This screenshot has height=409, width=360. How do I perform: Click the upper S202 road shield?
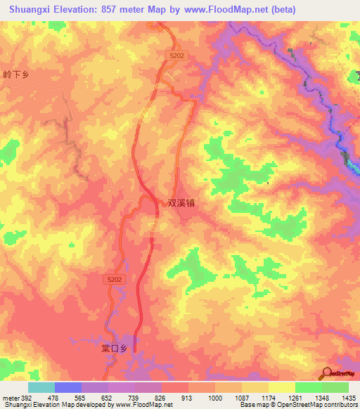(176, 55)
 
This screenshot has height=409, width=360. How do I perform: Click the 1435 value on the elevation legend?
(348, 398)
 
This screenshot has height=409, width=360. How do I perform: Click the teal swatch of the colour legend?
(41, 387)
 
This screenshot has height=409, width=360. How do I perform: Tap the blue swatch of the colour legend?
(68, 387)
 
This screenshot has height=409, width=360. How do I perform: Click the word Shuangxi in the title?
(28, 9)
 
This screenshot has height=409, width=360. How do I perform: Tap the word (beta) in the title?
(279, 9)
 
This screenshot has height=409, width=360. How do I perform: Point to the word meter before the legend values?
(10, 398)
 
